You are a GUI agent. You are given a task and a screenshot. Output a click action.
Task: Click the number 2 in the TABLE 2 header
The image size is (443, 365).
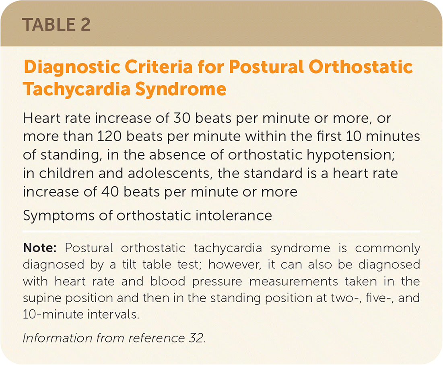click(x=85, y=25)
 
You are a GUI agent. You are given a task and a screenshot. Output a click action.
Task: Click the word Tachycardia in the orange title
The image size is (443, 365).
click(x=76, y=90)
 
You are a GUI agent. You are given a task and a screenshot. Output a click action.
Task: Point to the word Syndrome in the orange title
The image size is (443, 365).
click(x=181, y=90)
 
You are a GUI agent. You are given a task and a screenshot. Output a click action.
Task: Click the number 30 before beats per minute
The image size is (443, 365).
click(x=182, y=118)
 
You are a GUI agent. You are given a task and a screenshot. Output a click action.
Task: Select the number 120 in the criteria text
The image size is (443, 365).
click(x=109, y=136)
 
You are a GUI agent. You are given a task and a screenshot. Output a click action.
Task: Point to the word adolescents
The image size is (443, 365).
click(x=170, y=173)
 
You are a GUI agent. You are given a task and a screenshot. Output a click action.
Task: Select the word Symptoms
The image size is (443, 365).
click(x=59, y=216)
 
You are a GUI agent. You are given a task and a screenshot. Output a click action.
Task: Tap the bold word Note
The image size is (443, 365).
click(x=40, y=248)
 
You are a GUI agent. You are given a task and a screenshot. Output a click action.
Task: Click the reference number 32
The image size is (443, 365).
click(x=197, y=338)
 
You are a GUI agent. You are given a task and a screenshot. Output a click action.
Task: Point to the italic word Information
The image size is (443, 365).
click(x=58, y=338)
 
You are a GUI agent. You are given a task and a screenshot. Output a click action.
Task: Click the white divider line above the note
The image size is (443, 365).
click(x=221, y=232)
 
